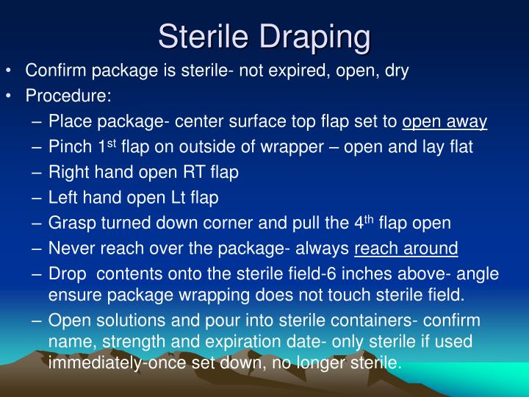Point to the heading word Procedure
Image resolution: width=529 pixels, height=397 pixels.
click(68, 96)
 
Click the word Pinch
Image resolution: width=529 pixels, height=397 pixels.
click(71, 147)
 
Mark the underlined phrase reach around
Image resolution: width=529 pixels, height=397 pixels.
click(406, 248)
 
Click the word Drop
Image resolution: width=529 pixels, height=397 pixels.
click(68, 274)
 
